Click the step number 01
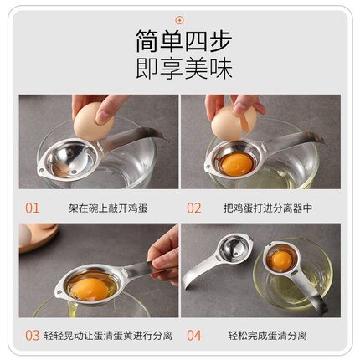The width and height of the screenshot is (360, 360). click(32, 207)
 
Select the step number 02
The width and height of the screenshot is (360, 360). click(193, 207)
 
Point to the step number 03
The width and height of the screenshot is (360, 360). click(32, 335)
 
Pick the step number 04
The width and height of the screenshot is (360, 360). click(193, 335)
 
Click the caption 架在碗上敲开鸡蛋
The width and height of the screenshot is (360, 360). click(101, 207)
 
